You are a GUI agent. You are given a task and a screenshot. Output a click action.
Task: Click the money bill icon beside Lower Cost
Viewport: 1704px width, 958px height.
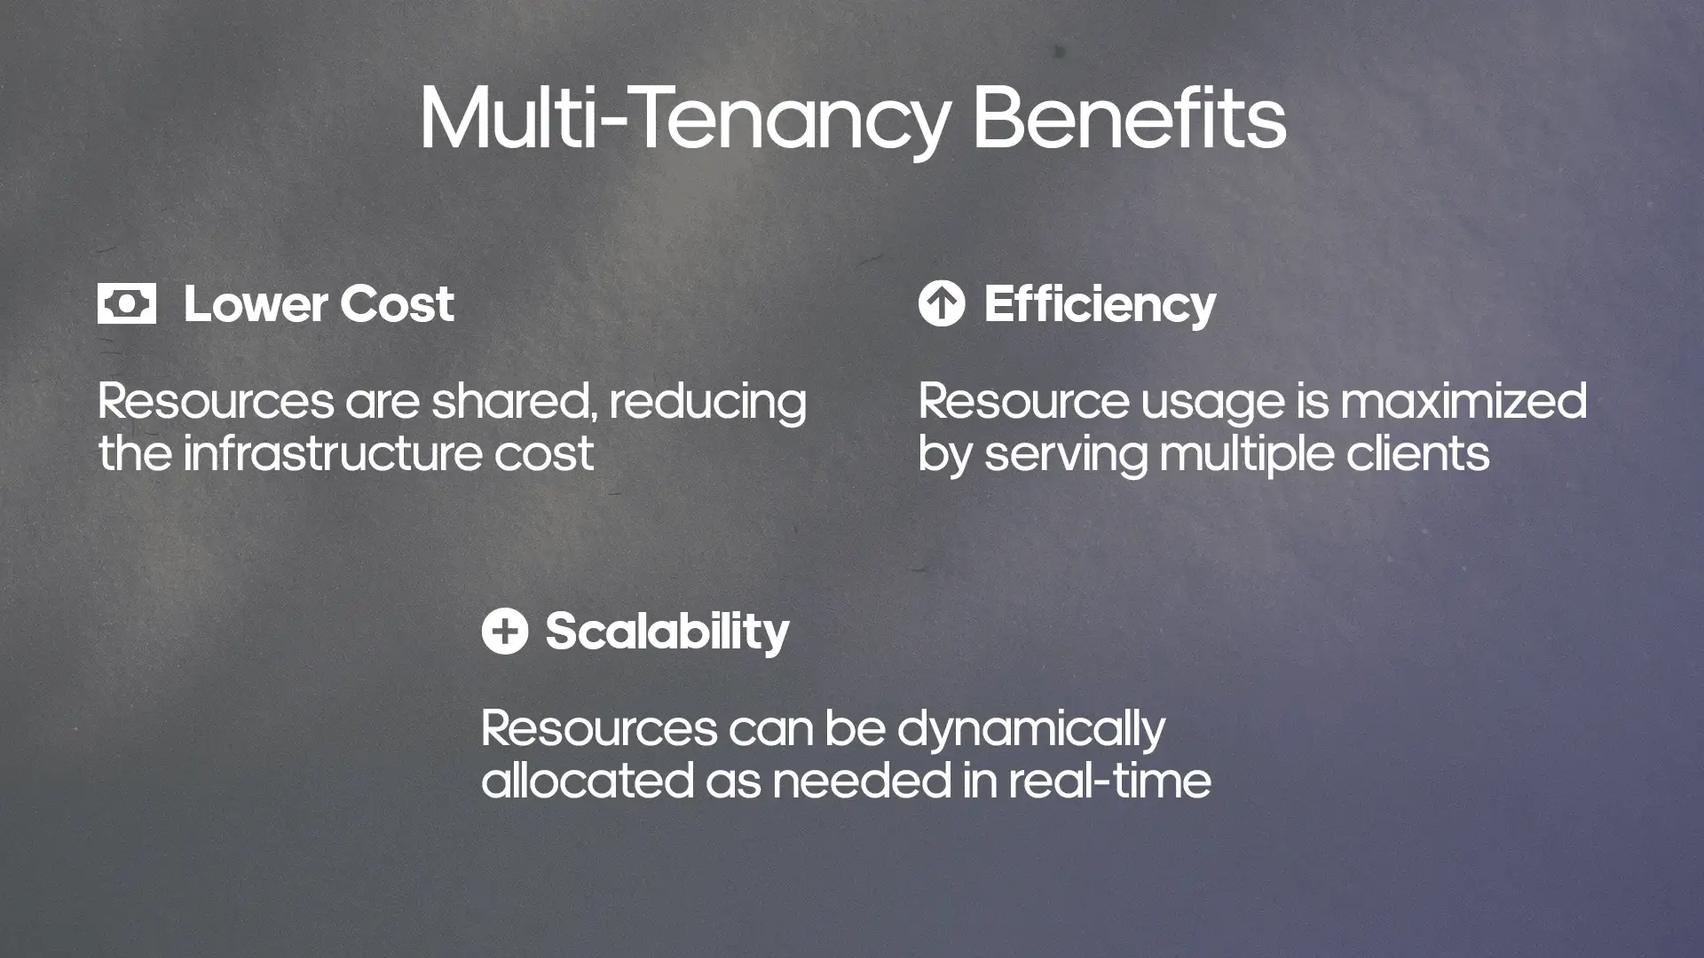pyautogui.click(x=127, y=303)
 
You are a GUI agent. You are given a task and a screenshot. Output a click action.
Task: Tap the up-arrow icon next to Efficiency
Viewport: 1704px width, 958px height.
pyautogui.click(x=941, y=303)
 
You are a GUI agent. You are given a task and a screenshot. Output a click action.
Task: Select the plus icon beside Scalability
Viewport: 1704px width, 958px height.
pyautogui.click(x=504, y=631)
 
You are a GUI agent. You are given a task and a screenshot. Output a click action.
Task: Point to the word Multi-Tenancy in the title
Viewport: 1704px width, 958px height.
pyautogui.click(x=684, y=120)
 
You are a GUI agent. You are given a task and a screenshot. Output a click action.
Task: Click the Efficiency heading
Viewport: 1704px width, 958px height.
pyautogui.click(x=1100, y=304)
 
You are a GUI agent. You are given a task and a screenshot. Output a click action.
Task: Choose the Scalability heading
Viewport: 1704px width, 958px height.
pyautogui.click(x=667, y=632)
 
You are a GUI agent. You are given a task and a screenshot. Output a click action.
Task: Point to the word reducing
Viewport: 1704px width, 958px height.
pyautogui.click(x=707, y=403)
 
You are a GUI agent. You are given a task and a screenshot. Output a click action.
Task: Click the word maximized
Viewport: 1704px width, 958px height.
pyautogui.click(x=1463, y=401)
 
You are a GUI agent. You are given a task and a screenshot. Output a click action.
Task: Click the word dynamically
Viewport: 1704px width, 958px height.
pyautogui.click(x=1030, y=730)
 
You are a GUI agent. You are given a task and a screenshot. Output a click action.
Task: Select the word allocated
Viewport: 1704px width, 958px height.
pyautogui.click(x=587, y=781)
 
